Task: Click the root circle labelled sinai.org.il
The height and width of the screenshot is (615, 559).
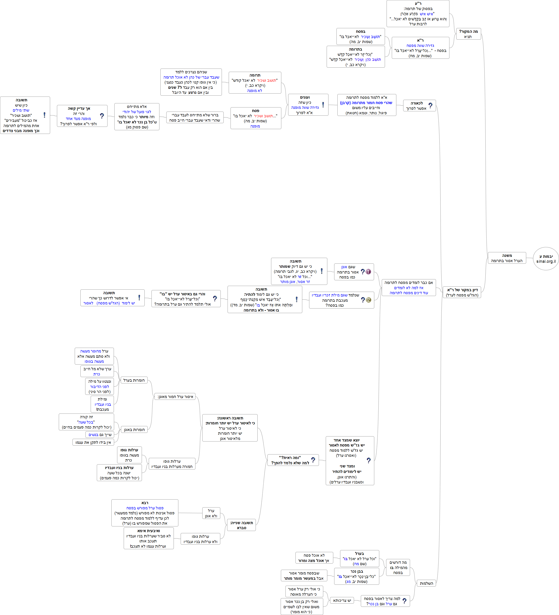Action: [546, 258]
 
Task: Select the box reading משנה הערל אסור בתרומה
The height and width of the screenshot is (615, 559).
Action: [507, 258]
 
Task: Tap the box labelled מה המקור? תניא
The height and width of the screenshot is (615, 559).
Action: [468, 34]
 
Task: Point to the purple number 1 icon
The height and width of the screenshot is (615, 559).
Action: [368, 271]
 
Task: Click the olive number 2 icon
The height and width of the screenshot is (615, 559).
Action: [369, 300]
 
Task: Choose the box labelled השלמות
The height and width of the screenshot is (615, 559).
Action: [426, 583]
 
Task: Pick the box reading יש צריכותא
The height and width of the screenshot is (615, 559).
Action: [342, 600]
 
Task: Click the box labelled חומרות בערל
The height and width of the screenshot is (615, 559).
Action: [134, 380]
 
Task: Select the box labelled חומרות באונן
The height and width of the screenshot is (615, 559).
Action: [134, 429]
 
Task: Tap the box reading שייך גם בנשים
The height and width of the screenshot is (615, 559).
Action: [100, 434]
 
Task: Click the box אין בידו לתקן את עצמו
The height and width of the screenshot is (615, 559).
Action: [93, 442]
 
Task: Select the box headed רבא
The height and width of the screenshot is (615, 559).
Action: [145, 513]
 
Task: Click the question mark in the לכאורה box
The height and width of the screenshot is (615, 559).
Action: [430, 106]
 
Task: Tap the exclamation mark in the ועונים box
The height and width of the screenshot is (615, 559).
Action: [323, 105]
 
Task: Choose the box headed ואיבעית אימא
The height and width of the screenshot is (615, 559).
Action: [149, 538]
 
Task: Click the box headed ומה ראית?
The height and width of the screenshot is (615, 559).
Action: [293, 460]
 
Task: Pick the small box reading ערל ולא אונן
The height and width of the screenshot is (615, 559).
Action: [211, 513]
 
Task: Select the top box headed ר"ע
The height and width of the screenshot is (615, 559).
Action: [418, 14]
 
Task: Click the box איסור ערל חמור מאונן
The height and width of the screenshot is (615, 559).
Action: [175, 397]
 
